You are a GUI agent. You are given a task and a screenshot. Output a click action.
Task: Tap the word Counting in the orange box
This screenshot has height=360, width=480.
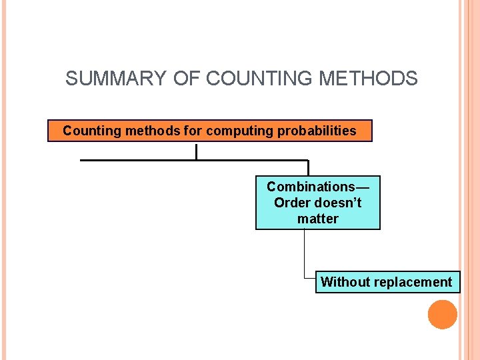tap(87, 131)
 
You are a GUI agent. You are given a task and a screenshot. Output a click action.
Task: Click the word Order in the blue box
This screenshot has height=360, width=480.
tap(291, 203)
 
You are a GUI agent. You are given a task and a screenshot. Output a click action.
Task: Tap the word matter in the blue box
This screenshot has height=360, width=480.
tap(318, 219)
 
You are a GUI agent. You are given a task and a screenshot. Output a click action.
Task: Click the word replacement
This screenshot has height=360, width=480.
tap(412, 282)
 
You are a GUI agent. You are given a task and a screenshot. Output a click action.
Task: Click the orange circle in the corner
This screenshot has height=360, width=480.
tap(443, 315)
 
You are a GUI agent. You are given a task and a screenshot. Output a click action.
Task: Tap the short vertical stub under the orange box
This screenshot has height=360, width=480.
tap(197, 151)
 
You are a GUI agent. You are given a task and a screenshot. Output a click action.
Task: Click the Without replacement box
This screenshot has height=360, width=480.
tap(387, 282)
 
